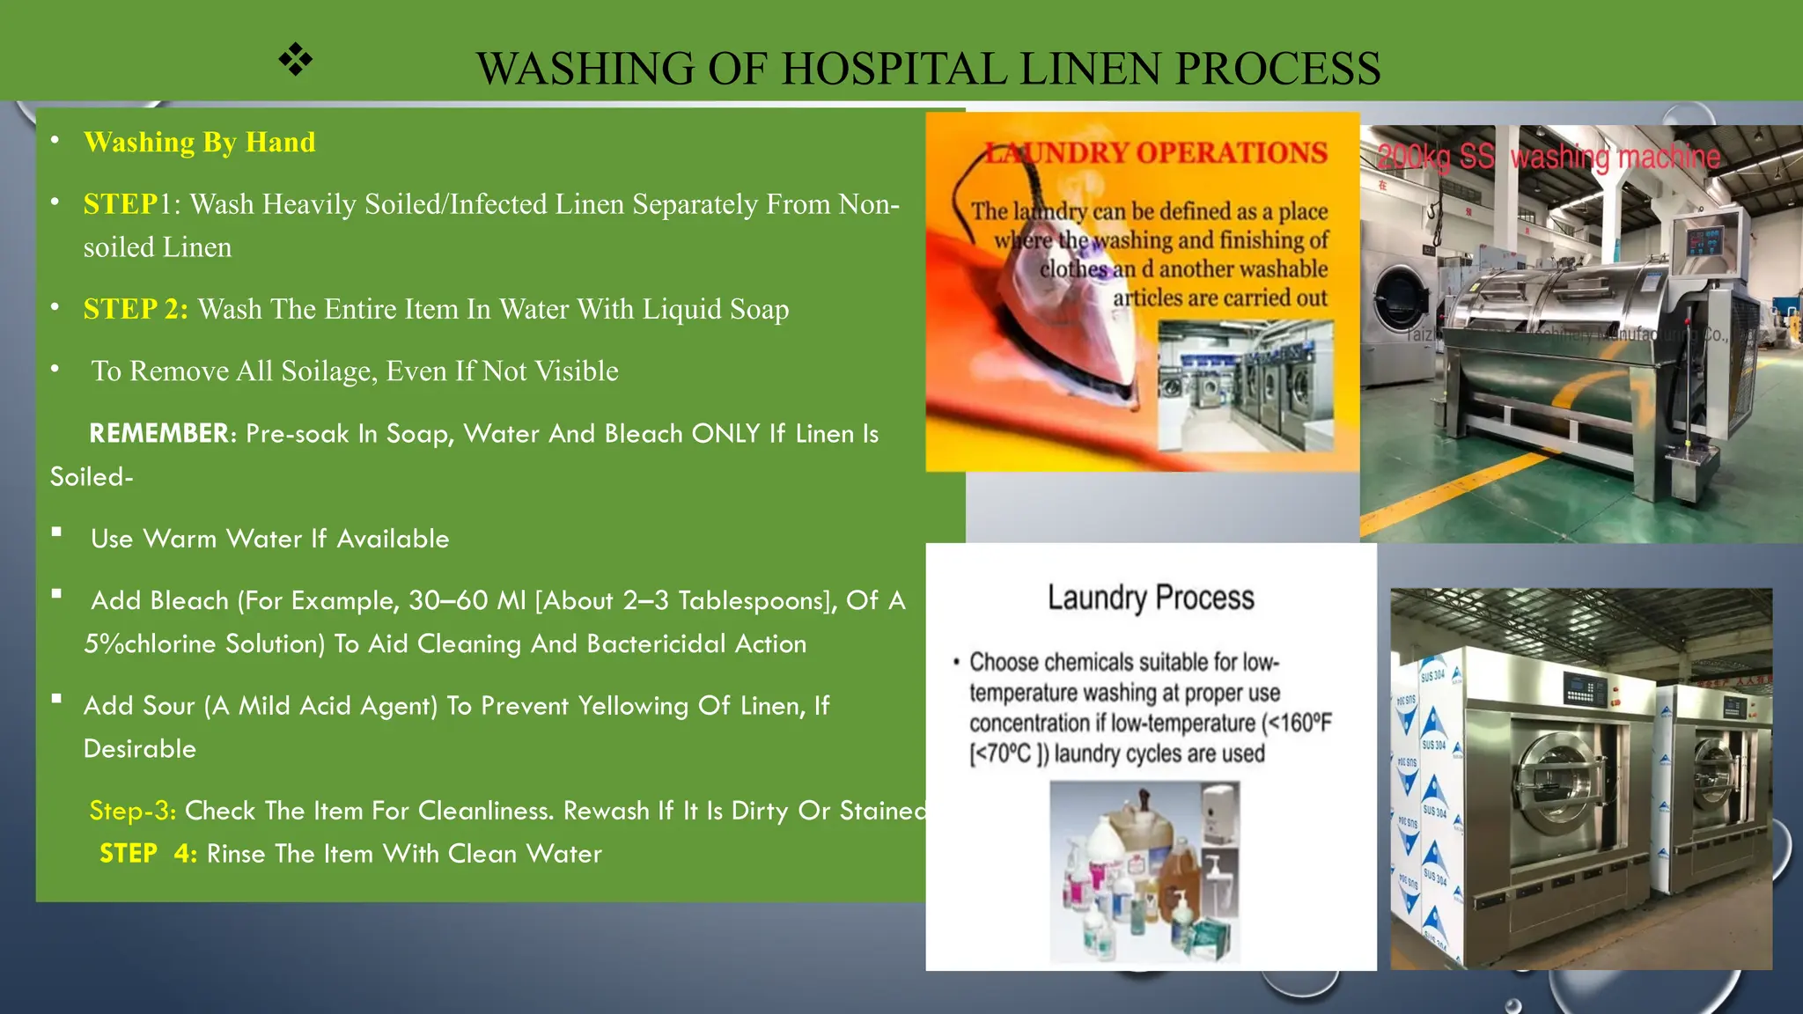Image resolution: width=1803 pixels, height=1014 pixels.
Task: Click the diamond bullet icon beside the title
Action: pyautogui.click(x=296, y=60)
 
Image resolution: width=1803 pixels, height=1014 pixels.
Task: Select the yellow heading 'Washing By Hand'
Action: pyautogui.click(x=199, y=142)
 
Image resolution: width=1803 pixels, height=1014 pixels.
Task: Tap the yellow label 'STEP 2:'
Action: pyautogui.click(x=136, y=309)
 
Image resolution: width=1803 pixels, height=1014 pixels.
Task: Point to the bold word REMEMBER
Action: pyautogui.click(x=159, y=433)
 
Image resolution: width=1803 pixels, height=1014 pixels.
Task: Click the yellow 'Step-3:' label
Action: pyautogui.click(x=133, y=810)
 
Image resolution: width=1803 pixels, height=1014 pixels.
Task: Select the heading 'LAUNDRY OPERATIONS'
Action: pyautogui.click(x=1155, y=153)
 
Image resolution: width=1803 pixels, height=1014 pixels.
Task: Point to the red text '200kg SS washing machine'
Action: pyautogui.click(x=1549, y=157)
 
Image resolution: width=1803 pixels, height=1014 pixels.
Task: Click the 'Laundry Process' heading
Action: pyautogui.click(x=1151, y=598)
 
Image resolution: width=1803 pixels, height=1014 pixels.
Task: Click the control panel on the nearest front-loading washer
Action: pyautogui.click(x=1585, y=687)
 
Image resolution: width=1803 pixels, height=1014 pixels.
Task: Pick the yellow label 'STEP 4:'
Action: pyautogui.click(x=148, y=854)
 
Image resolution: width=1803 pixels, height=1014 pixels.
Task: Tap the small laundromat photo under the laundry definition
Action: pyautogui.click(x=1245, y=386)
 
